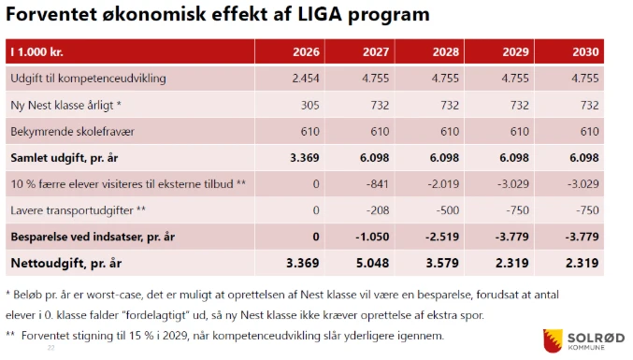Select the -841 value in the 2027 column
coord(376,184)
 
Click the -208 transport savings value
coord(377,210)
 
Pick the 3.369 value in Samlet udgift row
coord(304,157)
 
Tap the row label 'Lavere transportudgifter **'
coord(78,210)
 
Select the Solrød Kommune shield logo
coord(551,338)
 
